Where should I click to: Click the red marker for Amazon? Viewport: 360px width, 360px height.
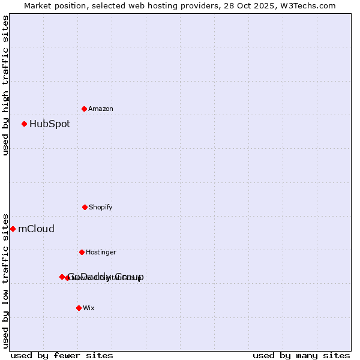click(84, 109)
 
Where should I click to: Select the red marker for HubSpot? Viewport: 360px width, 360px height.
click(24, 124)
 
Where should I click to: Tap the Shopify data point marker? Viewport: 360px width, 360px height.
click(85, 207)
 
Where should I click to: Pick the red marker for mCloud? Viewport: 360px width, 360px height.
click(13, 229)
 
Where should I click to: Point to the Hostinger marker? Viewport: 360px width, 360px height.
click(82, 252)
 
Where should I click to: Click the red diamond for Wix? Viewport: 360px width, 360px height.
click(79, 308)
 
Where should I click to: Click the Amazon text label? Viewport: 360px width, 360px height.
click(101, 109)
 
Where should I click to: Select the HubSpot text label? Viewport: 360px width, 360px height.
click(50, 124)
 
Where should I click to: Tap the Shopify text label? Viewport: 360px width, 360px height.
click(101, 208)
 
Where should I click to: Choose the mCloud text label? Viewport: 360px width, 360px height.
click(36, 229)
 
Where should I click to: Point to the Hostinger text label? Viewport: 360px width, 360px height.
click(101, 253)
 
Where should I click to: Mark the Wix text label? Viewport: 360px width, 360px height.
click(89, 308)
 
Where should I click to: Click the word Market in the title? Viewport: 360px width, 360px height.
click(38, 6)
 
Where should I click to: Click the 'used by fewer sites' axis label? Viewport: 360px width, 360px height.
click(62, 355)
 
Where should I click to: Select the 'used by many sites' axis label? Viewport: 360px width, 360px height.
click(301, 355)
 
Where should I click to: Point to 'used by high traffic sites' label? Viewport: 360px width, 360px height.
click(6, 85)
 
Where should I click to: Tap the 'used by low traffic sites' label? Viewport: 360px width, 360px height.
click(6, 281)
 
